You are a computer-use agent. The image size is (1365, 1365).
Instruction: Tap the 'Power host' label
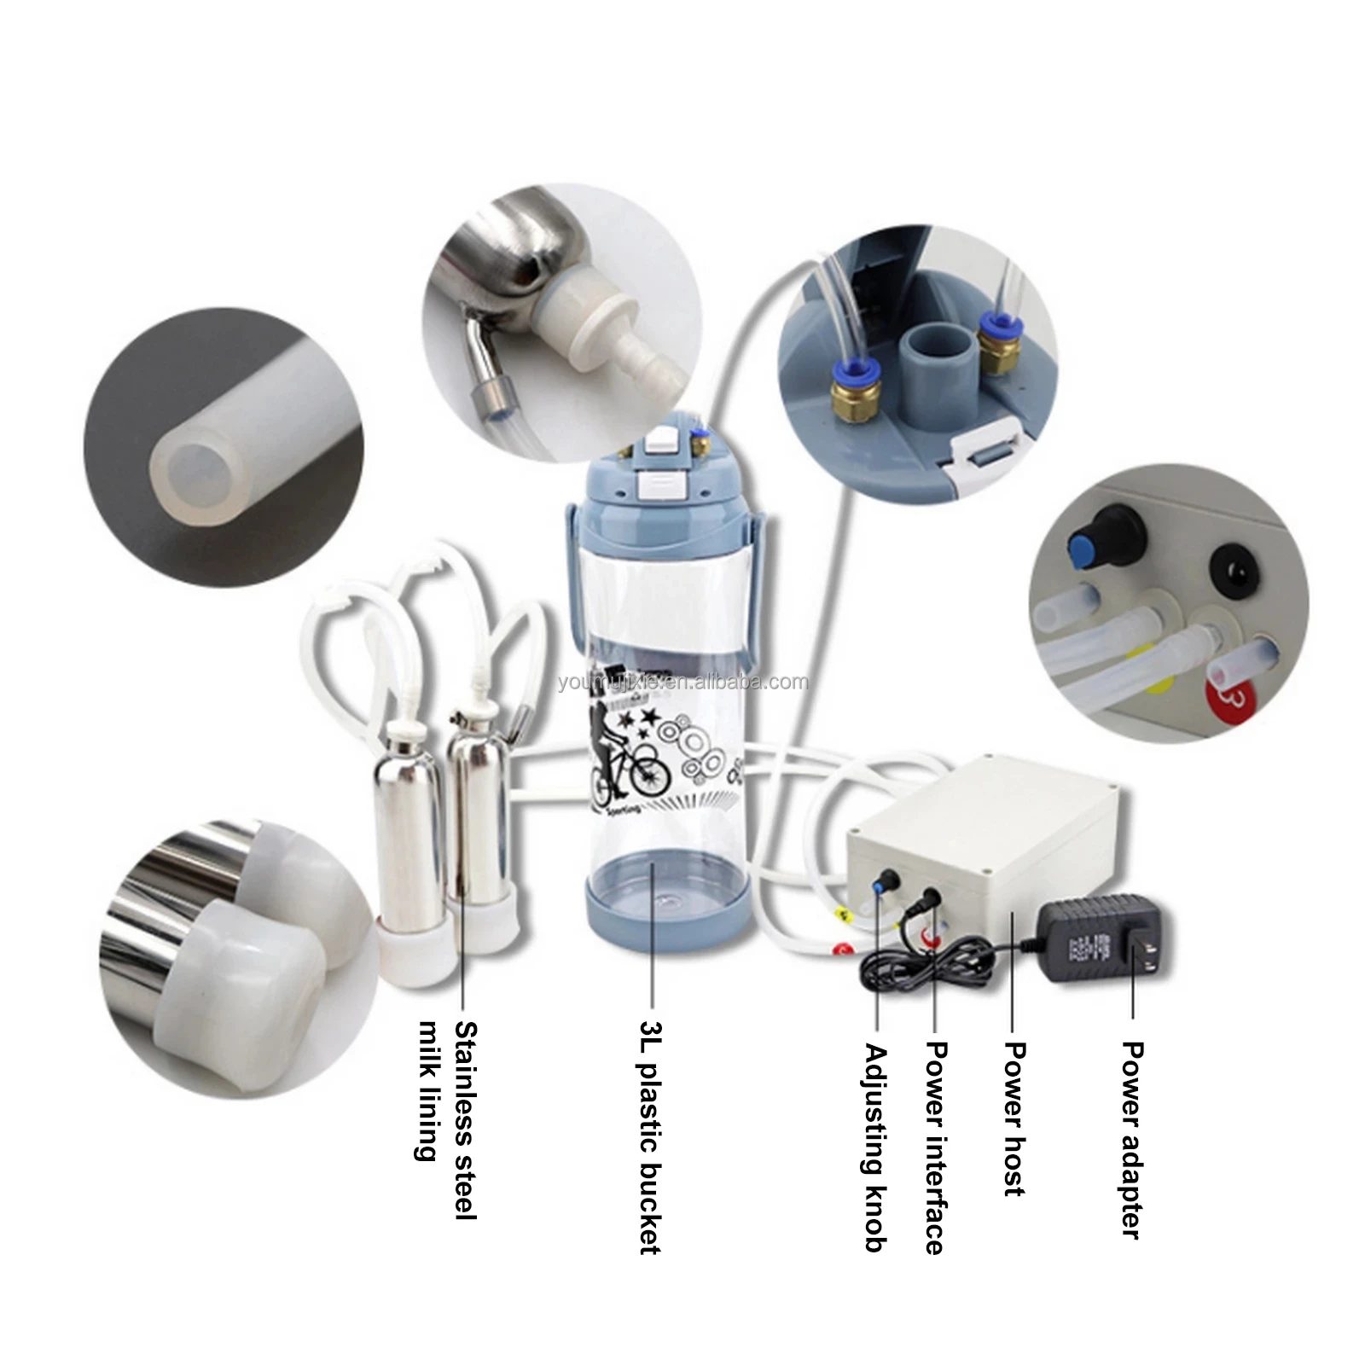[1014, 1118]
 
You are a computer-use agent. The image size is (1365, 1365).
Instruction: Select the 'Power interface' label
[936, 1147]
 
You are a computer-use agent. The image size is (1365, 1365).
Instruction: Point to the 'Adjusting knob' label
[875, 1147]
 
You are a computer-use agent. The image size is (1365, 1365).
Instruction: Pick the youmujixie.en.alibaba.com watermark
[682, 682]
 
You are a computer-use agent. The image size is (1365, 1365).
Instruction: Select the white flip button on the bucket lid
[664, 484]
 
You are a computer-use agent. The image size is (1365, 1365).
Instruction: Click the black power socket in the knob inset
[1234, 566]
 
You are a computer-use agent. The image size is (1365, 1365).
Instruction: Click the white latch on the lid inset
[986, 449]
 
